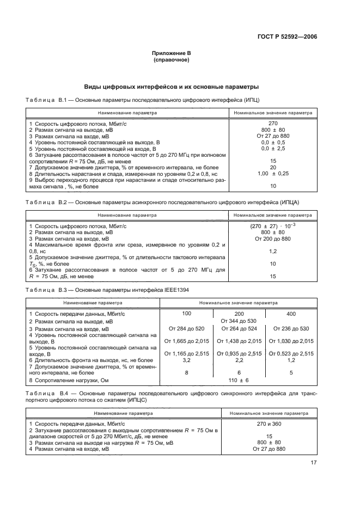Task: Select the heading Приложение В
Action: point(172,53)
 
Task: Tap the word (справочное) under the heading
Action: point(172,60)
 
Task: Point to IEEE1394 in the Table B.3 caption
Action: point(176,290)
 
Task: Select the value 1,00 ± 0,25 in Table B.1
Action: point(273,173)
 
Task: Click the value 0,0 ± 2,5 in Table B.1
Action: point(273,148)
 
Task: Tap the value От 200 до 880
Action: point(273,238)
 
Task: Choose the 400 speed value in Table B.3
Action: point(291,314)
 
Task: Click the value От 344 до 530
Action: point(237,321)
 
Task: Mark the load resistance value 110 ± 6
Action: point(237,380)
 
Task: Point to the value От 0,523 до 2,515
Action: point(291,354)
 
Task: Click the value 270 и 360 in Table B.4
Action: point(273,423)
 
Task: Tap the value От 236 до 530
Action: point(291,328)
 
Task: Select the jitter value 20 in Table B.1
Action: point(273,167)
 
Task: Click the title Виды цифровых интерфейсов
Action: point(171,87)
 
